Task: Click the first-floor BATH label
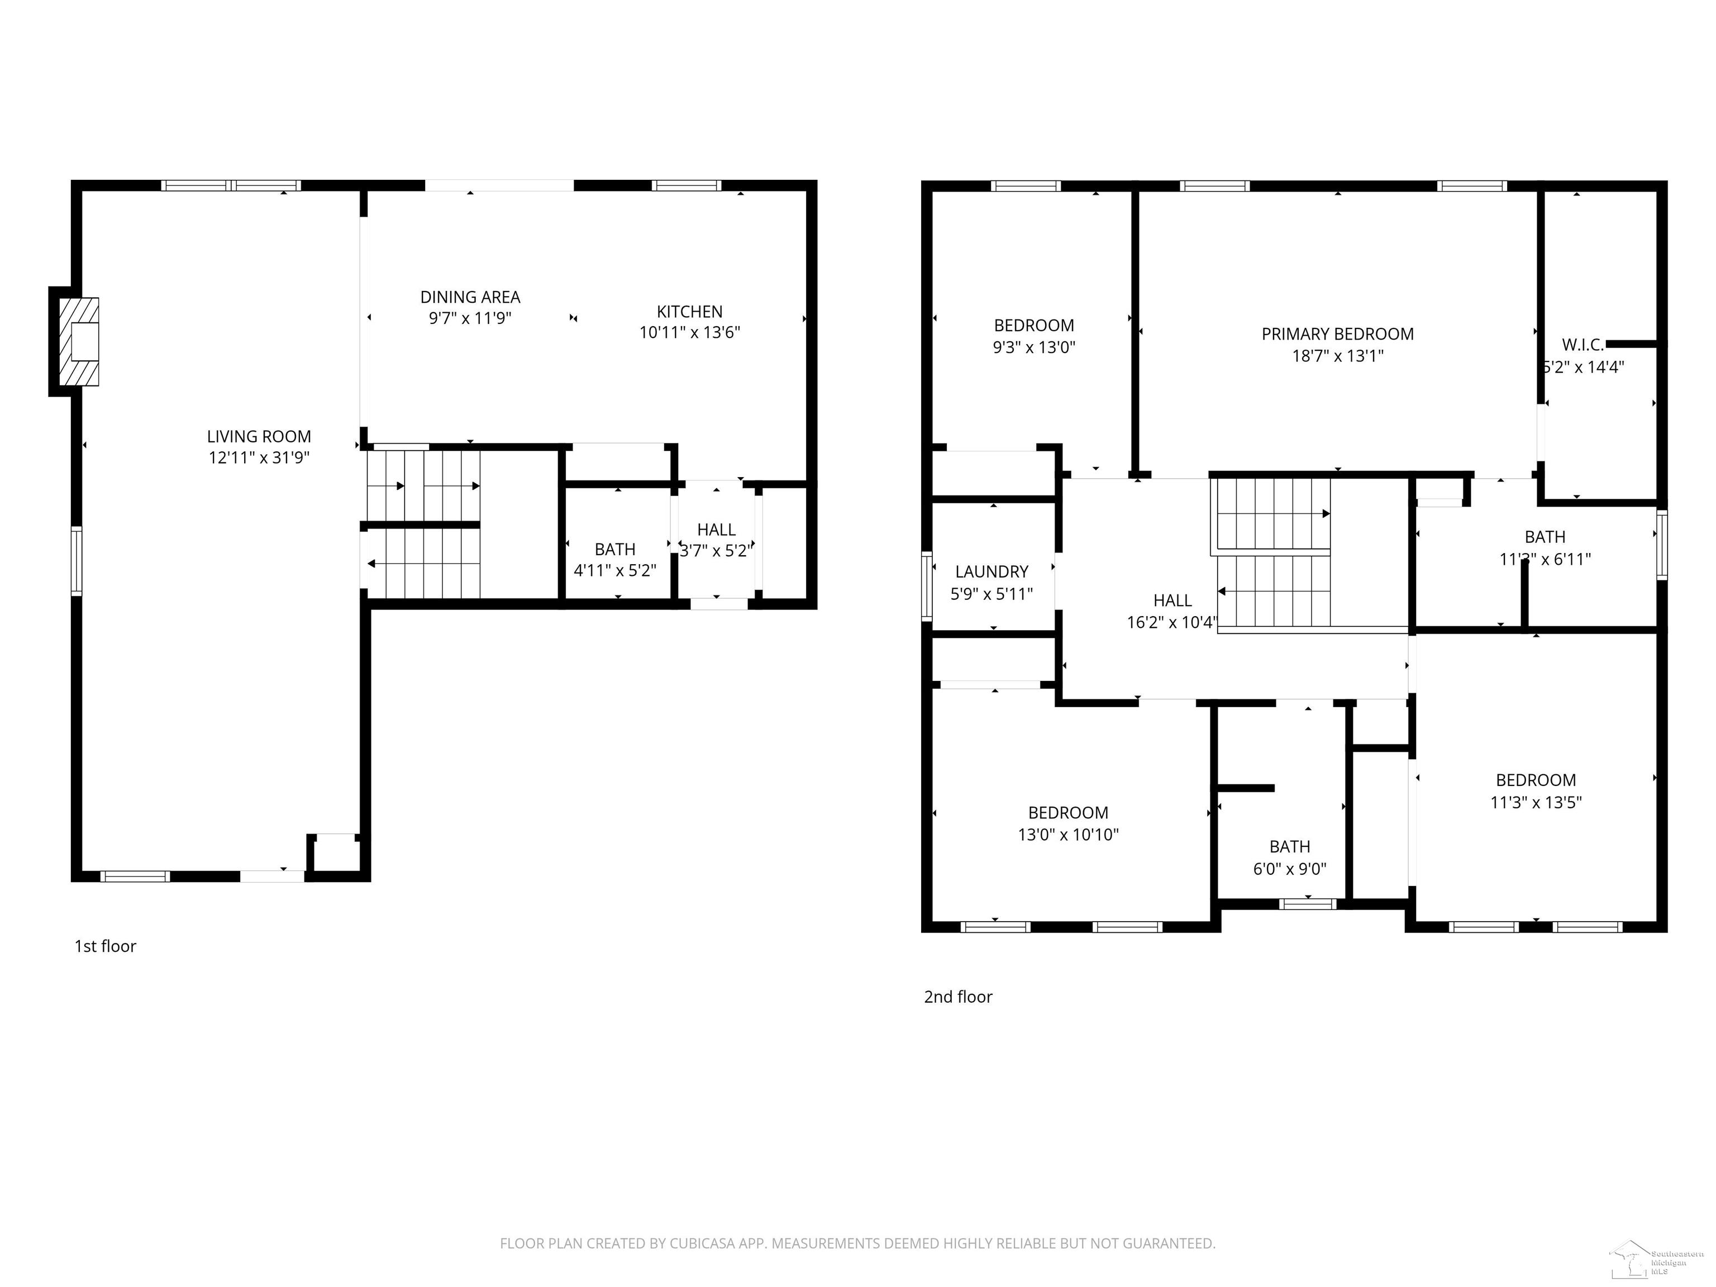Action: click(614, 549)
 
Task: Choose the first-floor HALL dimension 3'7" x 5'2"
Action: click(715, 551)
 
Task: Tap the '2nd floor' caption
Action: click(957, 997)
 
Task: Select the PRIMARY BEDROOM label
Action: click(1337, 335)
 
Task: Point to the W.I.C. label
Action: click(1582, 345)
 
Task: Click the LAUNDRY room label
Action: click(992, 572)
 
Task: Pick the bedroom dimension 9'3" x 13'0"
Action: click(1033, 347)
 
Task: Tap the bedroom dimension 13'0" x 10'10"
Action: click(1067, 835)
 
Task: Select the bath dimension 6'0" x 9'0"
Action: click(1289, 869)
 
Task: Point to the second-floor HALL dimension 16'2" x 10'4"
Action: click(1171, 622)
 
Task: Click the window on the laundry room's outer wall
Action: click(926, 586)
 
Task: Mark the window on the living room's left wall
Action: click(76, 561)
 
